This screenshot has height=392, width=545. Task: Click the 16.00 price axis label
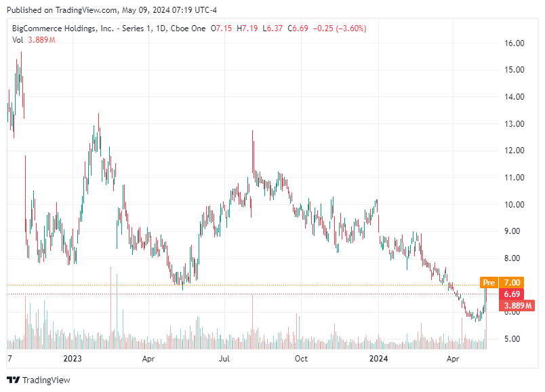click(x=514, y=43)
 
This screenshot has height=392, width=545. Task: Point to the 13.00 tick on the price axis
click(x=514, y=123)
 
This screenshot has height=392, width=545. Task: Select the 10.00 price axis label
click(x=514, y=204)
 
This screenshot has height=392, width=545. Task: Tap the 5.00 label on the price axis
click(x=514, y=338)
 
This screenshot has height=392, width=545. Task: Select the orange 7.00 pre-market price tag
click(x=512, y=282)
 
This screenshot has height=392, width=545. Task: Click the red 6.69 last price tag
click(x=512, y=294)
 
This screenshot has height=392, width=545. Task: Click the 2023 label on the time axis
click(x=72, y=358)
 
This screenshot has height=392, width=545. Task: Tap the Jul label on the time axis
click(x=224, y=358)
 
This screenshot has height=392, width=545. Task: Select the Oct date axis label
click(x=301, y=358)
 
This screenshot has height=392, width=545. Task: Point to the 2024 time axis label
click(x=378, y=358)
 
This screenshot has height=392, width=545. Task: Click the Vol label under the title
click(x=18, y=40)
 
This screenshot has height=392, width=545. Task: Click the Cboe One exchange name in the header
click(x=187, y=28)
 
